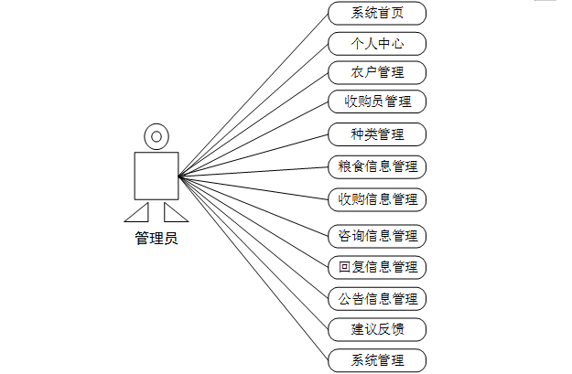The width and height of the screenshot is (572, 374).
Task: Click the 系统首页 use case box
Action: [377, 13]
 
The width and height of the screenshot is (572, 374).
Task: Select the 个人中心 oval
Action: [377, 43]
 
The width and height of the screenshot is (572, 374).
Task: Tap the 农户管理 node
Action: [377, 72]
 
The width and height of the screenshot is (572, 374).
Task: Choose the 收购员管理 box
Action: [377, 102]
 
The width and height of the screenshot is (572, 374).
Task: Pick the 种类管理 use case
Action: [377, 134]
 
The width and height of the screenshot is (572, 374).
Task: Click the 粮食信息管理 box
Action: [377, 166]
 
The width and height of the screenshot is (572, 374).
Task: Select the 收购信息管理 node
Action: [377, 198]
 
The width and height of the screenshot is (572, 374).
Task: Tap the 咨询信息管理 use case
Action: [377, 237]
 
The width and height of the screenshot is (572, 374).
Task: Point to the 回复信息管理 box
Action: [377, 267]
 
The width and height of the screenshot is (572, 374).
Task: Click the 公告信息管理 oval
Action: [377, 298]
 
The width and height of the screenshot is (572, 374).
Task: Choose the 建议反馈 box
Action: [377, 328]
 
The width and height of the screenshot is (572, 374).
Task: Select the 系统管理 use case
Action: [377, 359]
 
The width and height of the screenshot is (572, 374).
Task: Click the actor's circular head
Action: [156, 137]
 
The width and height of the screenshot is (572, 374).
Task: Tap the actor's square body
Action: [156, 176]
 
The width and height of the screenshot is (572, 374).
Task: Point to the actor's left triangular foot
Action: [138, 214]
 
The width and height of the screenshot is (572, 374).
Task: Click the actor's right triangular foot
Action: [174, 214]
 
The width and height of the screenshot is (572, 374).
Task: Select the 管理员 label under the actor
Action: [156, 240]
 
